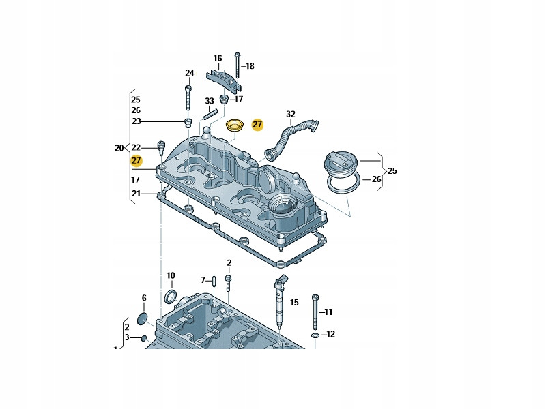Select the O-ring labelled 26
(x=343, y=183)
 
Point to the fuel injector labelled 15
(x=281, y=301)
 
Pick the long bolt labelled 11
(x=315, y=312)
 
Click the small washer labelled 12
(x=315, y=335)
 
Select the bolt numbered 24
(x=188, y=98)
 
